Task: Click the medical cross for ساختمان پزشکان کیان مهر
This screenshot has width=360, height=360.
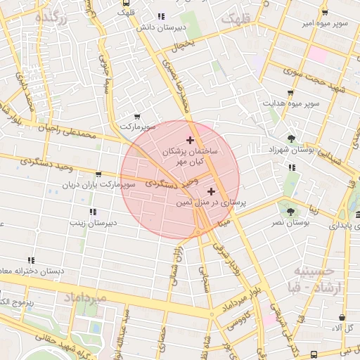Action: [190, 140]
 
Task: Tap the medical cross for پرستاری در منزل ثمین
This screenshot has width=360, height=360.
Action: [211, 191]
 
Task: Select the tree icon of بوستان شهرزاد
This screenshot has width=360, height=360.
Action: [292, 138]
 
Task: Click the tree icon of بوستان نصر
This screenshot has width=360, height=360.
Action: [288, 210]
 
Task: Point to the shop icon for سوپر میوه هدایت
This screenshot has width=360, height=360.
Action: [290, 93]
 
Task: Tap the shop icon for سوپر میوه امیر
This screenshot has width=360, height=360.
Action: [324, 13]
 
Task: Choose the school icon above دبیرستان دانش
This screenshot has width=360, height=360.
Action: [161, 16]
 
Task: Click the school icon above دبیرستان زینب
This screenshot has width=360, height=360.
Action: [92, 212]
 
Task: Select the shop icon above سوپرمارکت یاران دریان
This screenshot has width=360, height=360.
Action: [98, 174]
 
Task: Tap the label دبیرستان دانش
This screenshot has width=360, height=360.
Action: [160, 27]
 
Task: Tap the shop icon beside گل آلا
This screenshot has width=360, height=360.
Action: [342, 318]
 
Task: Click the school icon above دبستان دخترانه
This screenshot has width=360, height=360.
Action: [30, 260]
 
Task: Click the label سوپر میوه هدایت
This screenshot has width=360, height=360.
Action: [292, 104]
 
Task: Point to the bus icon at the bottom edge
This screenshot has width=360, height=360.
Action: [313, 354]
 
